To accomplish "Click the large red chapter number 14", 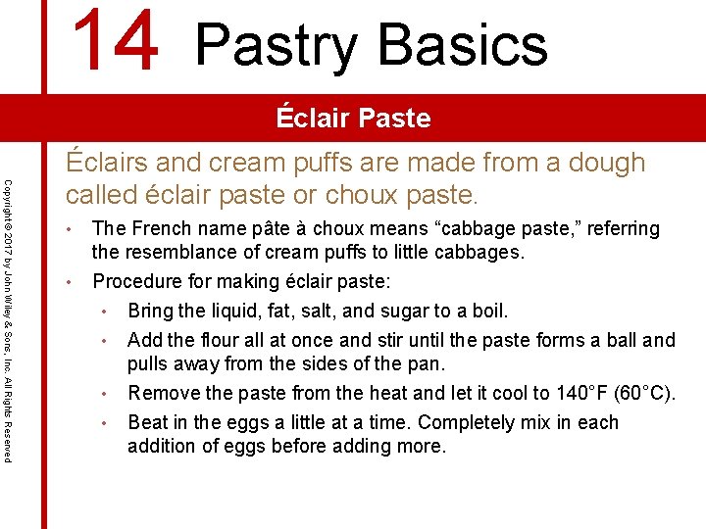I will [x=115, y=41].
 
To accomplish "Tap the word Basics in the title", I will [x=464, y=45].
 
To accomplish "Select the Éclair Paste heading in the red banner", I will [x=353, y=119].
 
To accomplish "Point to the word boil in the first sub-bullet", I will [x=486, y=312].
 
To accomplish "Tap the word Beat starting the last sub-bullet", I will [x=148, y=423].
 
